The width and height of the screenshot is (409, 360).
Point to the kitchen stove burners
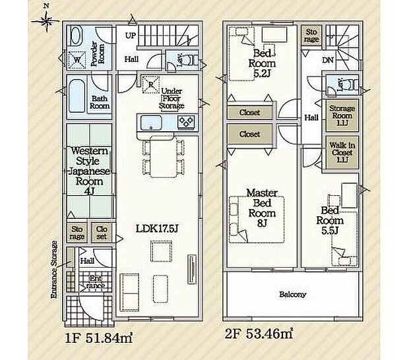tap(185, 122)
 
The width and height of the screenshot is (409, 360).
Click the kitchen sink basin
tap(150, 122)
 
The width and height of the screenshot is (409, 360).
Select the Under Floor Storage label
tap(172, 100)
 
